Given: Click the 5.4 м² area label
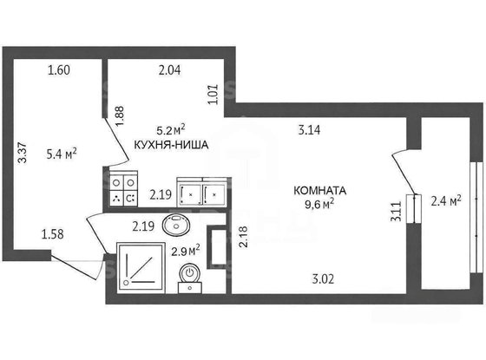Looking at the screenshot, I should point(62,155).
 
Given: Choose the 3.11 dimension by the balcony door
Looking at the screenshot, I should point(396,212).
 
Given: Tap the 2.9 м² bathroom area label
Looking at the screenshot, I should point(186,252).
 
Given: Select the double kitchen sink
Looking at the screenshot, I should point(201,193).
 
